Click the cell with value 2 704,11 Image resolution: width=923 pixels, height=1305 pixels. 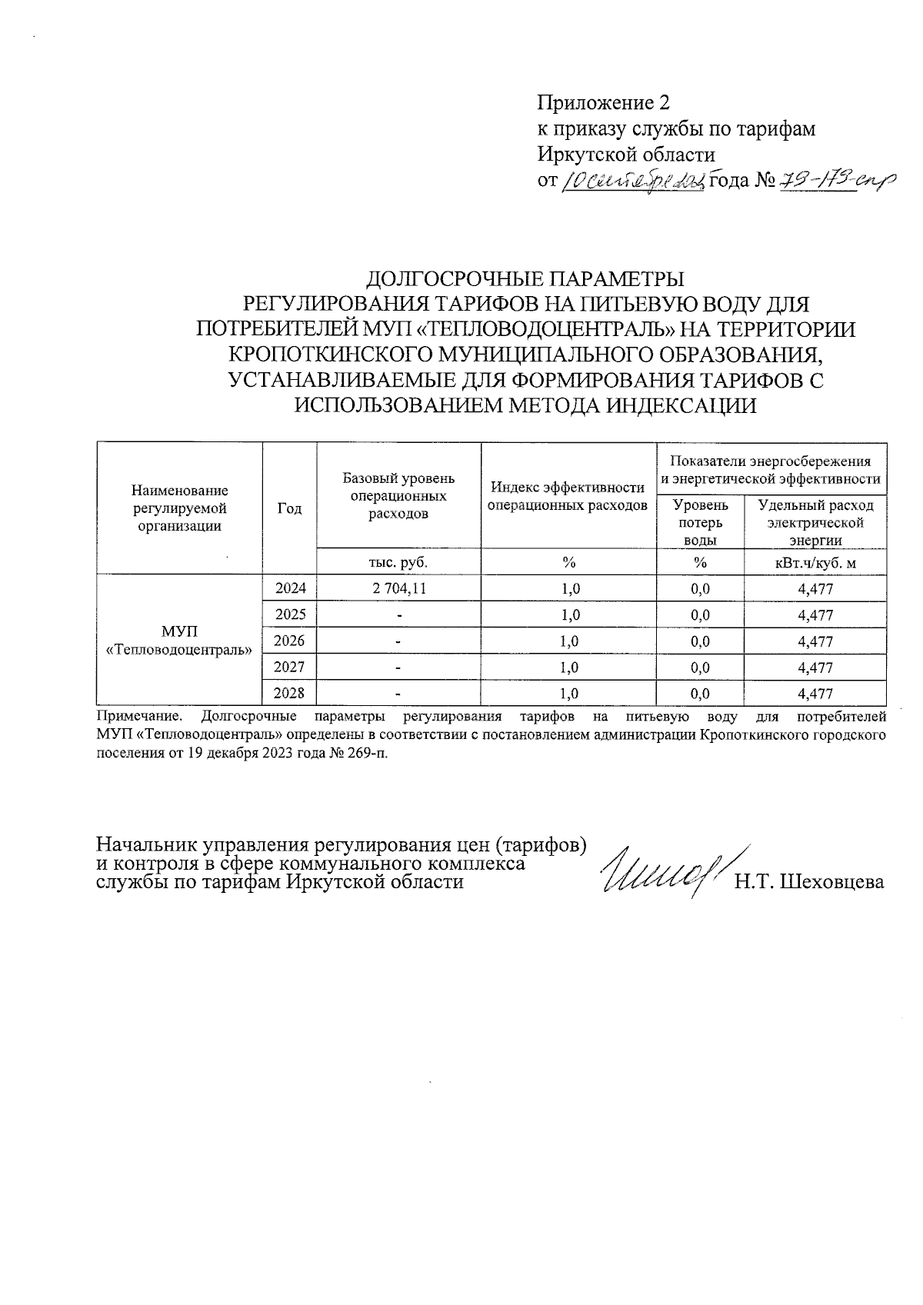(x=398, y=589)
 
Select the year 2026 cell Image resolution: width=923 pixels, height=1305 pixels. (x=290, y=641)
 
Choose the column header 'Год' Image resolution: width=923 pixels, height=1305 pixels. (x=289, y=508)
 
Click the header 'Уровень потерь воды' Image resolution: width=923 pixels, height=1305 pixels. (x=700, y=522)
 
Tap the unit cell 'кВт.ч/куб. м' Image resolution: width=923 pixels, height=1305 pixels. (x=815, y=563)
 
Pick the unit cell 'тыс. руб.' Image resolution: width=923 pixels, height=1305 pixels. (x=398, y=563)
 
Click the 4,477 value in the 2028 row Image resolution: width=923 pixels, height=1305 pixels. (x=815, y=694)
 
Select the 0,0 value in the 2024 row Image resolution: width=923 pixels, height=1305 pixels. (x=700, y=589)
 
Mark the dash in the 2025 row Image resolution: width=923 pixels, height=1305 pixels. (x=398, y=615)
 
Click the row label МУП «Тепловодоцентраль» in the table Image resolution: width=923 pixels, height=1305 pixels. (x=179, y=641)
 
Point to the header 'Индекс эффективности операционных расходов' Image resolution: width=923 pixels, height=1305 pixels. (x=568, y=496)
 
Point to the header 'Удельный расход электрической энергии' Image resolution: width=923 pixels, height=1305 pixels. (x=815, y=522)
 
